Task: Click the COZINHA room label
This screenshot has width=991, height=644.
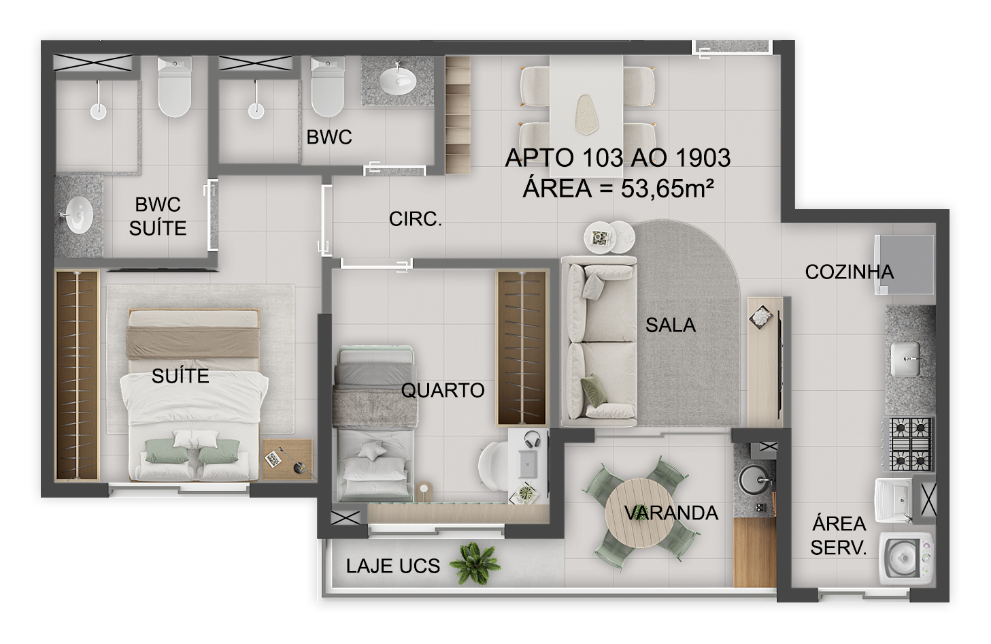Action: pyautogui.click(x=849, y=272)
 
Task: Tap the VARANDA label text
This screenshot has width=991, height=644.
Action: pyautogui.click(x=671, y=513)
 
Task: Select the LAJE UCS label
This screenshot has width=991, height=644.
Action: pyautogui.click(x=392, y=566)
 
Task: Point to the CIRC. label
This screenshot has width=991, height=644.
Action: pyautogui.click(x=415, y=219)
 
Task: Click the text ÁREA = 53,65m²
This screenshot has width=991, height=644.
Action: pyautogui.click(x=618, y=189)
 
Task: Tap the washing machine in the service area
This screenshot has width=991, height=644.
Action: pyautogui.click(x=906, y=558)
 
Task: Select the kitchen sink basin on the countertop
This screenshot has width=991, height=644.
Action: pyautogui.click(x=906, y=358)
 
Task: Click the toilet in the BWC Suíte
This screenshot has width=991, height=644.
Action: pyautogui.click(x=175, y=88)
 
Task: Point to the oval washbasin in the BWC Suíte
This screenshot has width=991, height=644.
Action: pyautogui.click(x=78, y=214)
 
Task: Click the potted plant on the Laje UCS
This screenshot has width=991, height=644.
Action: pyautogui.click(x=476, y=562)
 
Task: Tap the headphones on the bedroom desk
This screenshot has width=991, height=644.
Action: pyautogui.click(x=531, y=440)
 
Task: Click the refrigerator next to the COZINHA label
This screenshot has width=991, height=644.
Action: pyautogui.click(x=905, y=264)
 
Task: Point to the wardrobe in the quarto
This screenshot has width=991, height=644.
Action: pyautogui.click(x=522, y=348)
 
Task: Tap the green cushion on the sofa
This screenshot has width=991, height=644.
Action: pyautogui.click(x=591, y=391)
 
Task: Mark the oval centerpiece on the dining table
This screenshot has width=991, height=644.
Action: pyautogui.click(x=585, y=114)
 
